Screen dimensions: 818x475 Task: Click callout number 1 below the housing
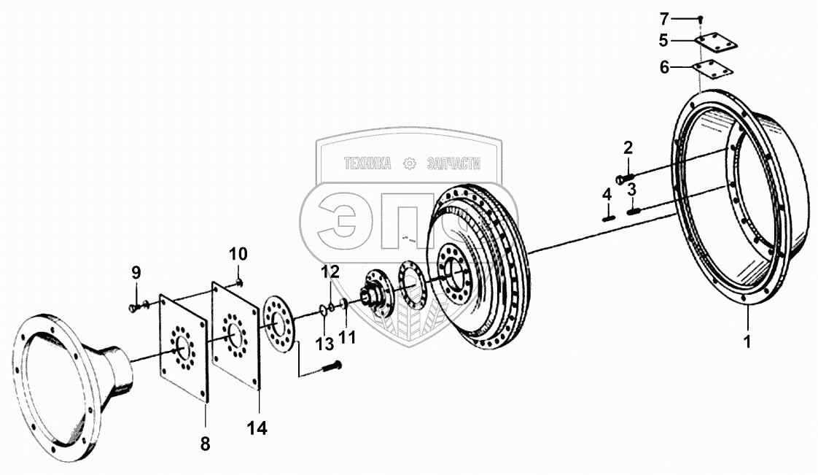(x=746, y=341)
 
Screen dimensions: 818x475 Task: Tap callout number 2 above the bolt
(x=628, y=148)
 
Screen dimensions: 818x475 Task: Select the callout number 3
(x=631, y=190)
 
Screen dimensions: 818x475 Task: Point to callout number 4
(x=607, y=195)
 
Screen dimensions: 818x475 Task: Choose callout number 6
(x=663, y=68)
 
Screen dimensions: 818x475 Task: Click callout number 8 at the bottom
(x=205, y=441)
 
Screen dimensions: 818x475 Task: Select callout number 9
(x=136, y=273)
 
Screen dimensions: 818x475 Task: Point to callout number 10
(x=238, y=254)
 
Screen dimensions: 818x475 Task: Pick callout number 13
(x=324, y=341)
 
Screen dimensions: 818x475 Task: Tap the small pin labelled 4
(x=607, y=215)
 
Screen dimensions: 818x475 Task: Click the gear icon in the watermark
(x=410, y=163)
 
